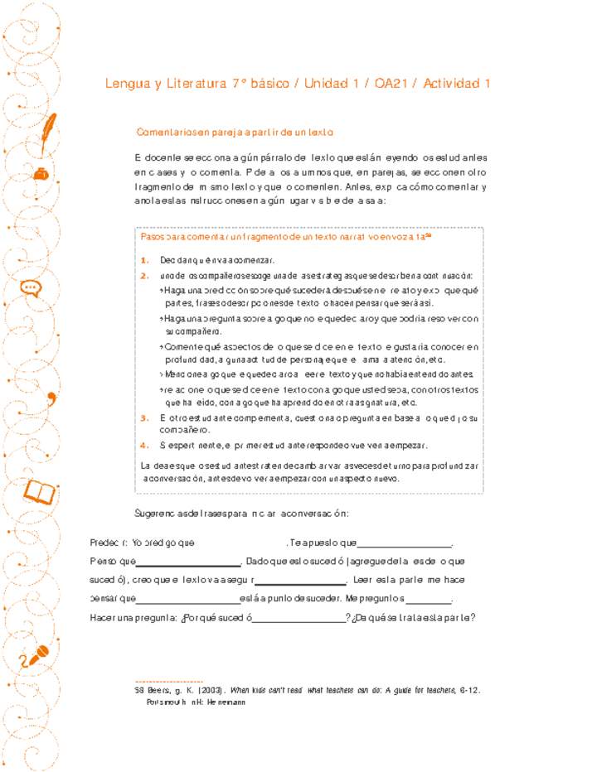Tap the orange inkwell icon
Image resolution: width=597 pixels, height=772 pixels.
[39, 174]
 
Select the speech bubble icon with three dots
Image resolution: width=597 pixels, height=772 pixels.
[31, 288]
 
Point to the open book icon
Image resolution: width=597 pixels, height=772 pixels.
[41, 493]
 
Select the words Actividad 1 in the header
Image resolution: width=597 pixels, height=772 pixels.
[454, 84]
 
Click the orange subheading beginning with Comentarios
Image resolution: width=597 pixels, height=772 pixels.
[234, 133]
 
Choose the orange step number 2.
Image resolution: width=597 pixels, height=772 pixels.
[144, 276]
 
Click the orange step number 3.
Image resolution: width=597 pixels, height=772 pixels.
[144, 417]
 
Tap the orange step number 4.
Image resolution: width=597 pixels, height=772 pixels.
[144, 446]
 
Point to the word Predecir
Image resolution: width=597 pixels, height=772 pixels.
[109, 544]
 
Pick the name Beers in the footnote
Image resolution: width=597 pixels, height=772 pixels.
[158, 690]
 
